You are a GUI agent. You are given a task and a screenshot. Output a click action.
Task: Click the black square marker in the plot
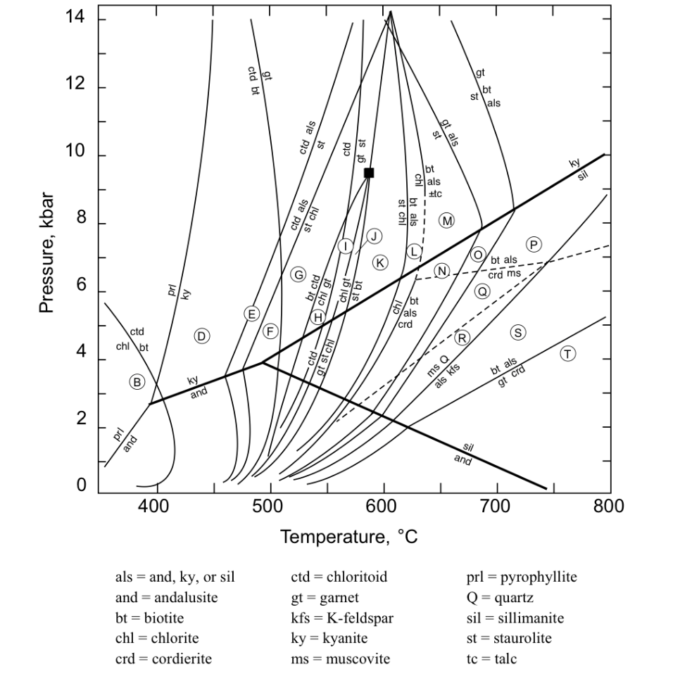[369, 172]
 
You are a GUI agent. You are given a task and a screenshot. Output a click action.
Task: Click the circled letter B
[137, 382]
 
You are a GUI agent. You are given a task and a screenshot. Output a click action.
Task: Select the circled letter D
[202, 336]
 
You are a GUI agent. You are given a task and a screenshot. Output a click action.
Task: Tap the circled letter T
[568, 354]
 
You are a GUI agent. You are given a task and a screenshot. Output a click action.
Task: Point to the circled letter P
[534, 244]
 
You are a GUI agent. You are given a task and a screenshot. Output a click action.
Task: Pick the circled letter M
[446, 220]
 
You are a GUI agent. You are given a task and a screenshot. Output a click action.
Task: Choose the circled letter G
[298, 274]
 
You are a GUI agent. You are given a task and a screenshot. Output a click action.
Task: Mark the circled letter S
[518, 332]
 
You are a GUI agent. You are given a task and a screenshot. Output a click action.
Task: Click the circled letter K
[380, 262]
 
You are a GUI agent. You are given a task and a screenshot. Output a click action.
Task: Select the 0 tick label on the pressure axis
[82, 485]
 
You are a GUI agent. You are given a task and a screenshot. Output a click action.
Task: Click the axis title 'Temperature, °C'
[349, 537]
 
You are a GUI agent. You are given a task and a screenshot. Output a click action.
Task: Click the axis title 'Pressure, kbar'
[46, 254]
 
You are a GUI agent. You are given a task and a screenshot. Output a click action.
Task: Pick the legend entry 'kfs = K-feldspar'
[342, 618]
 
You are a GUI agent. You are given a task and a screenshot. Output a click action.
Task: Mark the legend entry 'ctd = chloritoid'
[339, 578]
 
